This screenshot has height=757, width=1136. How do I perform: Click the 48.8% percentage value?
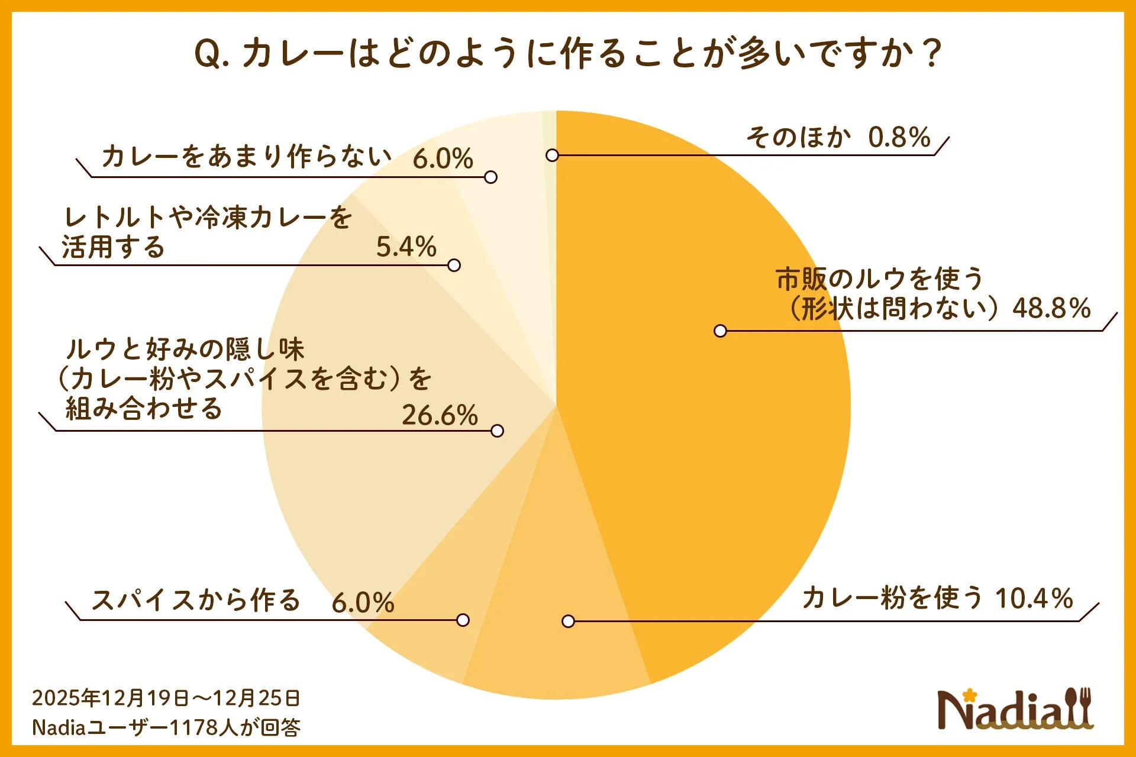tap(1051, 308)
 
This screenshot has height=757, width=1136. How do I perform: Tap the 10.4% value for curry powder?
tap(1034, 599)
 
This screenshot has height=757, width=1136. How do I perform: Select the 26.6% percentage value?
tap(440, 415)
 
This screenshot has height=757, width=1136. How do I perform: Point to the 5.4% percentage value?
tap(406, 247)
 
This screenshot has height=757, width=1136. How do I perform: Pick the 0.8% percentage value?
tap(899, 138)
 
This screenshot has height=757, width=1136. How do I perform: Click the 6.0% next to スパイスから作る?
tap(363, 603)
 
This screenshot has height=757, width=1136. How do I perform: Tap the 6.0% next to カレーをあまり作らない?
tap(443, 158)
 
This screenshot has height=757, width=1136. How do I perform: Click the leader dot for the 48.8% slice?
tap(720, 331)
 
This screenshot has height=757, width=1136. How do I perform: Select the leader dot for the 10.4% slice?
tap(568, 621)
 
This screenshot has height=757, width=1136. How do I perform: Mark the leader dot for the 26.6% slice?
tap(497, 431)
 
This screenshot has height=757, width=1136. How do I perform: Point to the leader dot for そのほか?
tap(552, 156)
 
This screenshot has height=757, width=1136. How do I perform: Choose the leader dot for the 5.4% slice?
tap(454, 266)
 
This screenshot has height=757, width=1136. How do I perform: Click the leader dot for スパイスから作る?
tap(463, 620)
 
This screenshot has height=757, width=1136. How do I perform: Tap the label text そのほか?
tap(798, 137)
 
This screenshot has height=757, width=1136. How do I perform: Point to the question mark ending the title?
tap(932, 54)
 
